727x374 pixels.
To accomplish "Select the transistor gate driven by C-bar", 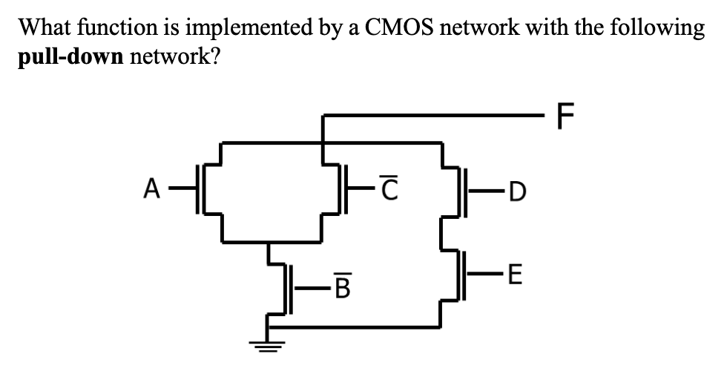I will [x=345, y=191].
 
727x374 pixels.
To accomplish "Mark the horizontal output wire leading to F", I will [x=438, y=116].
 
